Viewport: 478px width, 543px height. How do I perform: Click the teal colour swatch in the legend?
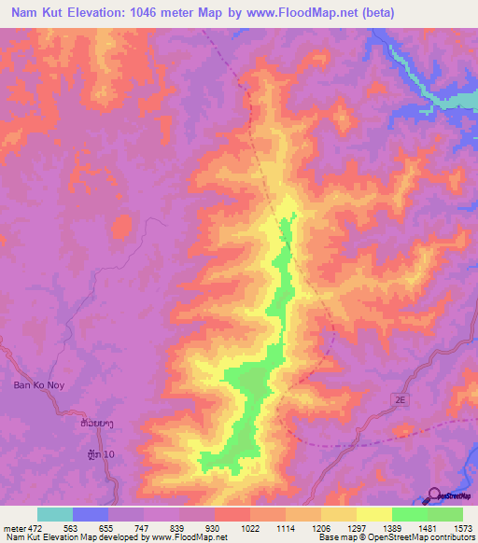click(x=55, y=514)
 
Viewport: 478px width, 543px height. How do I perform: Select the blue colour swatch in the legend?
click(x=91, y=514)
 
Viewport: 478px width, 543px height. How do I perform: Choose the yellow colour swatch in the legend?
click(x=373, y=514)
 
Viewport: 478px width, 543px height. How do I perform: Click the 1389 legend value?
click(x=409, y=527)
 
